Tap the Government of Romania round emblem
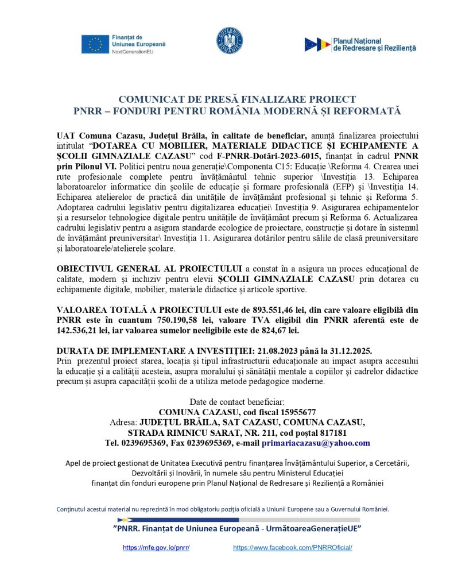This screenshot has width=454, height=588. [x=229, y=41]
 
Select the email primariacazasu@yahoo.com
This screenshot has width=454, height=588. [x=316, y=443]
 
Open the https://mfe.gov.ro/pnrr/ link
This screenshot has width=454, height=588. [x=156, y=548]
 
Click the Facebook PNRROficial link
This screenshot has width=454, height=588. [x=292, y=548]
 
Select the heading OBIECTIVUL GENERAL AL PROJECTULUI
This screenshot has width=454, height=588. [x=150, y=269]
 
